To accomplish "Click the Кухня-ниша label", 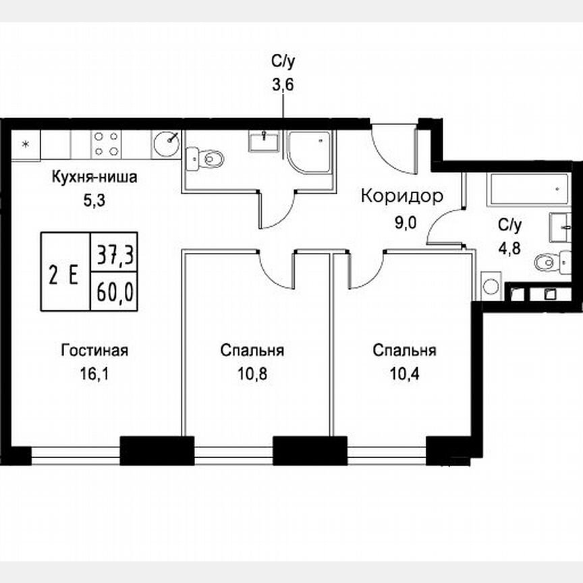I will [95, 179].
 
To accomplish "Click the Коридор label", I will [402, 196].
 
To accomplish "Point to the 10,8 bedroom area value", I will [251, 372].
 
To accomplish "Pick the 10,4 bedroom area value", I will [404, 372].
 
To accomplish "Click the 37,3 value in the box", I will [114, 255].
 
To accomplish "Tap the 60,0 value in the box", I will [114, 292].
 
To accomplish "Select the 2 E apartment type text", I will [65, 273].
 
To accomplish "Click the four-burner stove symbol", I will [107, 143].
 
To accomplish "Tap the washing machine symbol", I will [491, 285].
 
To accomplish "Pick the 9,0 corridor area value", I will [402, 223].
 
